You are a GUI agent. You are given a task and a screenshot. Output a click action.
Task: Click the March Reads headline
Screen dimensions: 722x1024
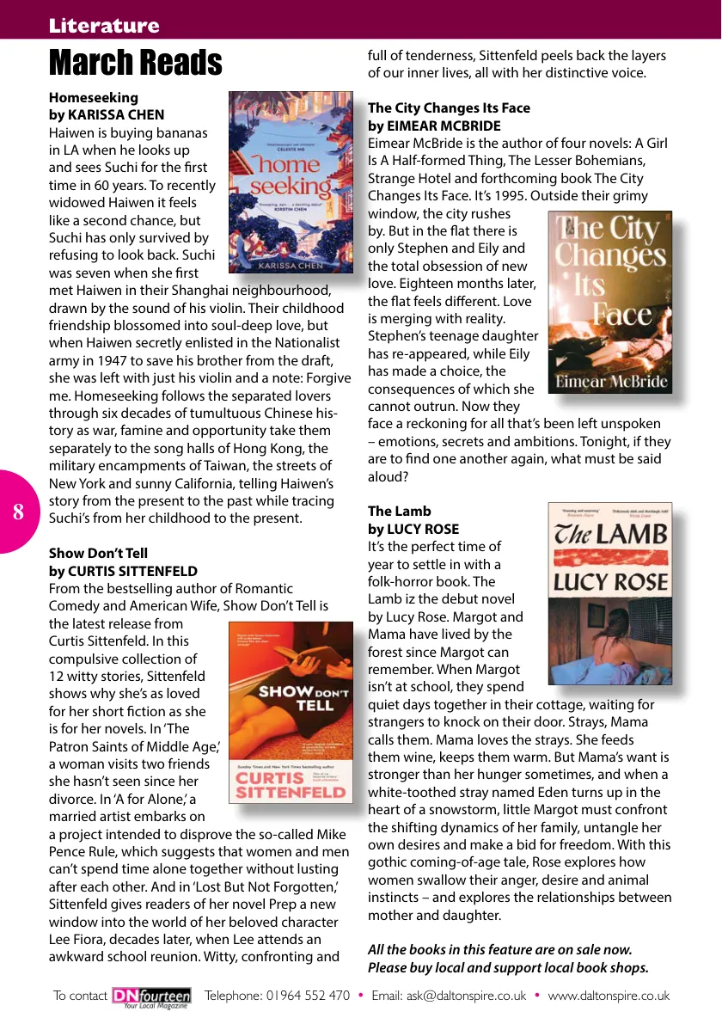click(x=135, y=63)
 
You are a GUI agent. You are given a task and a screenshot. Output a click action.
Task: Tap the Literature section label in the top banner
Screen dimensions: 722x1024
click(x=104, y=26)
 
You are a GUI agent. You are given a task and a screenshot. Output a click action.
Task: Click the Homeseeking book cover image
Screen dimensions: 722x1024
click(x=290, y=182)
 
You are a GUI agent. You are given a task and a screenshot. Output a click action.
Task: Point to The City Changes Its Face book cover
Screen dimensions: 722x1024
click(x=609, y=303)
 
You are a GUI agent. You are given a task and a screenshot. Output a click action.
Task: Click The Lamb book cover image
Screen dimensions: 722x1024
click(x=609, y=593)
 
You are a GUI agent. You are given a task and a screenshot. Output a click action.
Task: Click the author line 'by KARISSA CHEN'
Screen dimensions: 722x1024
click(x=107, y=115)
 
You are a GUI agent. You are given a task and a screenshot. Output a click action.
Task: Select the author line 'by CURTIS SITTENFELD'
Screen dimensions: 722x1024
click(x=123, y=571)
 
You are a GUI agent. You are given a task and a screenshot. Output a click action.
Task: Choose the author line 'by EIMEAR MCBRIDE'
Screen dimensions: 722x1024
click(x=434, y=126)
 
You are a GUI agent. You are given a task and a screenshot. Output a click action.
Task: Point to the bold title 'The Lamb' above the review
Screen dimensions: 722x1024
click(x=400, y=511)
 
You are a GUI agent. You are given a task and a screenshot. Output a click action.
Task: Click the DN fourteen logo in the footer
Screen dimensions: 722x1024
click(x=152, y=996)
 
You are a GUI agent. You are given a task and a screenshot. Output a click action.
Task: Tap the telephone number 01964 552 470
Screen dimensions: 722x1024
click(x=309, y=996)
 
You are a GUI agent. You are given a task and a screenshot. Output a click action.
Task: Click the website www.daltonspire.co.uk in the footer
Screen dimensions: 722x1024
click(x=609, y=996)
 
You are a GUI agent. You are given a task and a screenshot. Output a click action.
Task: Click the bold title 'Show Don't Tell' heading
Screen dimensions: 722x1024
click(x=98, y=553)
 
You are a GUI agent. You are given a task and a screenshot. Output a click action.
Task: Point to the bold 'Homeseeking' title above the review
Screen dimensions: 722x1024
click(x=94, y=97)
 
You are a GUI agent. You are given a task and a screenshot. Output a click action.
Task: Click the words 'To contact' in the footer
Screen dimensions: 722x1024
click(x=80, y=996)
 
